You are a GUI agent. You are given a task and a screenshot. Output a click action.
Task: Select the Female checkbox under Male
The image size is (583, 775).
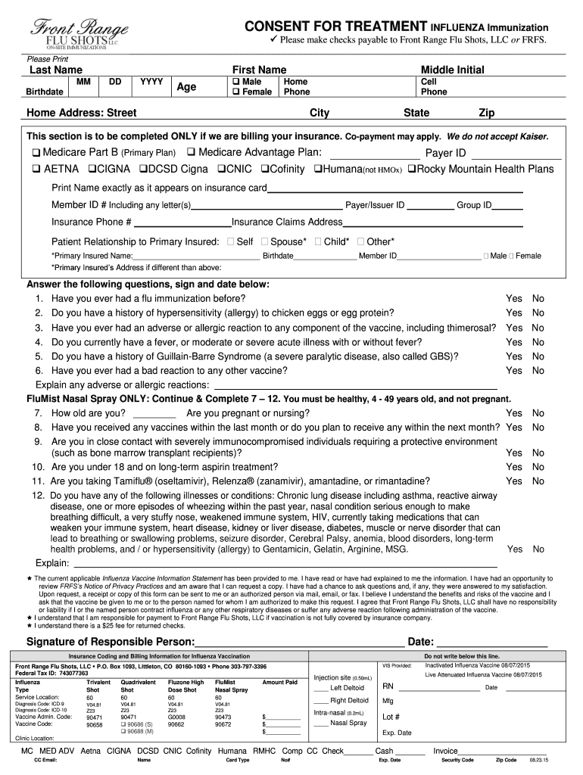236,92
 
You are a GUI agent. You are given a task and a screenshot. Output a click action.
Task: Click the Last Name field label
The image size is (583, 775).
55,70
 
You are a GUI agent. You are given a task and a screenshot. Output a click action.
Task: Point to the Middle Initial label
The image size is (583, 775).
452,70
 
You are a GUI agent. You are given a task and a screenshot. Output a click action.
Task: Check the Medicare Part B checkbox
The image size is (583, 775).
36,153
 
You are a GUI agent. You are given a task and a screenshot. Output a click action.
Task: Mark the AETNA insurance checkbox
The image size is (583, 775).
36,170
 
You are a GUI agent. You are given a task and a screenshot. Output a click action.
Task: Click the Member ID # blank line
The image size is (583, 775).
267,205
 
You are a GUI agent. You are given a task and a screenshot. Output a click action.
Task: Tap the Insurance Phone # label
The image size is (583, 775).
92,222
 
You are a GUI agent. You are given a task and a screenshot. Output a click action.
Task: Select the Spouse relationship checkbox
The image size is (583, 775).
264,242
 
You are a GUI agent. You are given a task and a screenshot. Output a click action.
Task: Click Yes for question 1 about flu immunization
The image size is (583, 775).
514,299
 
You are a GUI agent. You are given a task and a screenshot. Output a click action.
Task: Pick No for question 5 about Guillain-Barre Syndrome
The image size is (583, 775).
538,356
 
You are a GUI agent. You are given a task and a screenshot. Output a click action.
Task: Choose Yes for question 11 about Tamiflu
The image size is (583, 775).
514,481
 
